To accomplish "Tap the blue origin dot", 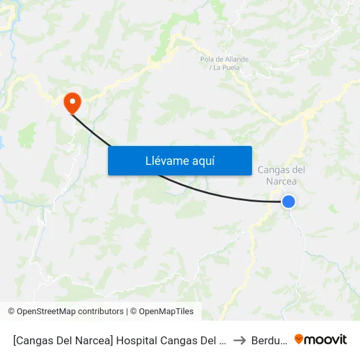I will [289, 202].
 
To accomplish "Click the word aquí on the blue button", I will [203, 161].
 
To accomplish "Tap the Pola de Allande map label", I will [225, 60].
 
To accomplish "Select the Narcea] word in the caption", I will [99, 340].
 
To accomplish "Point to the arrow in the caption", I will [240, 340].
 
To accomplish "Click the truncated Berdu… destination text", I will [269, 340].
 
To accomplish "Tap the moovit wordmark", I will [327, 340].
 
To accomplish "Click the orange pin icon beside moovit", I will [299, 339].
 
